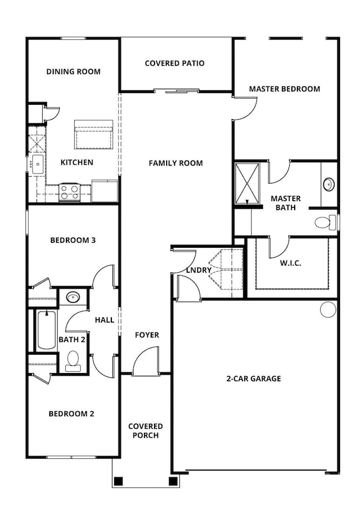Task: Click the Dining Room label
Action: click(73, 71)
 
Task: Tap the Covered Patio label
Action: click(174, 63)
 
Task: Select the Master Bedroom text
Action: click(284, 89)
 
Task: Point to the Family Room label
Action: click(176, 163)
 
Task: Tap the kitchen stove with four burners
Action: click(70, 192)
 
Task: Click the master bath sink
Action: click(328, 183)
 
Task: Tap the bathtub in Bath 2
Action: click(47, 330)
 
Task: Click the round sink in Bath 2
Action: click(72, 297)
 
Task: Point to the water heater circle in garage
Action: click(328, 309)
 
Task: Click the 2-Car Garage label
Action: click(253, 379)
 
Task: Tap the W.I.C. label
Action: click(291, 263)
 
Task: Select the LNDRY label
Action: click(199, 270)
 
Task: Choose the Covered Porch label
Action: click(146, 431)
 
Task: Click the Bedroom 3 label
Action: click(73, 240)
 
